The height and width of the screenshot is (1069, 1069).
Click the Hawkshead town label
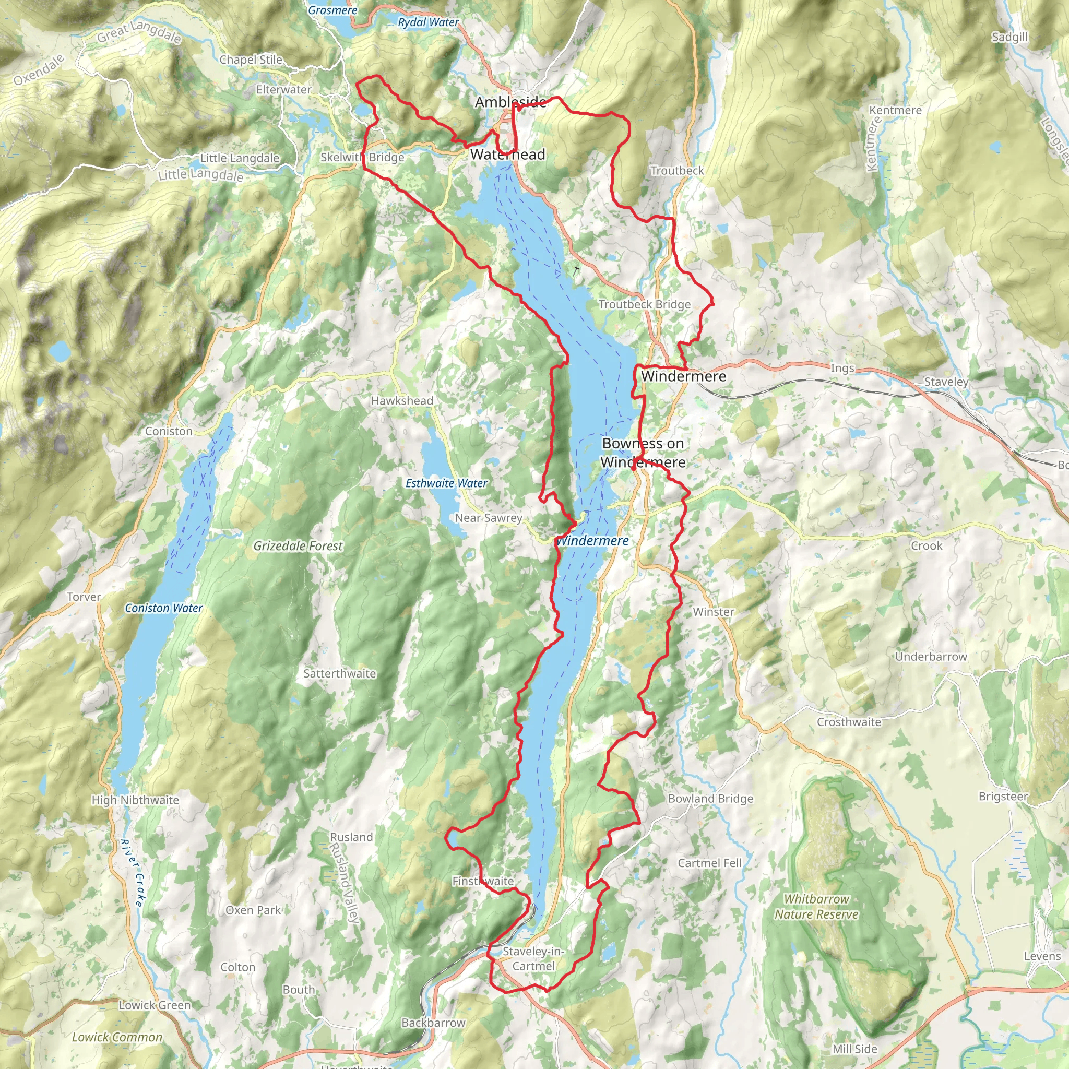click(402, 400)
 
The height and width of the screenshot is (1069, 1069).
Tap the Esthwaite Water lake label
click(446, 483)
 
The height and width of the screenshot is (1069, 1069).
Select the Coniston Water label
click(164, 608)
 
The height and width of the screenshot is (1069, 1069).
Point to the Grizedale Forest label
click(298, 546)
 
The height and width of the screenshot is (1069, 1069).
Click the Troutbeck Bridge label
click(644, 304)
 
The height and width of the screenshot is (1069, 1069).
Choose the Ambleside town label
click(510, 102)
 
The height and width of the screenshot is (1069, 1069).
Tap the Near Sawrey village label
click(488, 518)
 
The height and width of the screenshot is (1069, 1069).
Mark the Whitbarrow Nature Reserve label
click(816, 906)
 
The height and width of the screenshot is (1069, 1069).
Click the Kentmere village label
click(895, 110)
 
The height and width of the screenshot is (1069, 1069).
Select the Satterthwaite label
click(339, 673)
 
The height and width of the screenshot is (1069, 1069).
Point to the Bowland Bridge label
click(710, 799)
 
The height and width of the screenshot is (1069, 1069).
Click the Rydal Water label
click(428, 22)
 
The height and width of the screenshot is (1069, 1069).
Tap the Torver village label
click(84, 597)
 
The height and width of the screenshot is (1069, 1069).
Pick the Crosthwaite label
click(848, 722)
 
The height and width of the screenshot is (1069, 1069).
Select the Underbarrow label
click(931, 656)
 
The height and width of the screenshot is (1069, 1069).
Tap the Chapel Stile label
click(251, 59)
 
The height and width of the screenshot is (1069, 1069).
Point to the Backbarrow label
click(433, 1023)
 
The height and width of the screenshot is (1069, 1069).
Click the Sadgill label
click(1009, 37)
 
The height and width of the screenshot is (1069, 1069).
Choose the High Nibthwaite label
click(135, 800)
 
